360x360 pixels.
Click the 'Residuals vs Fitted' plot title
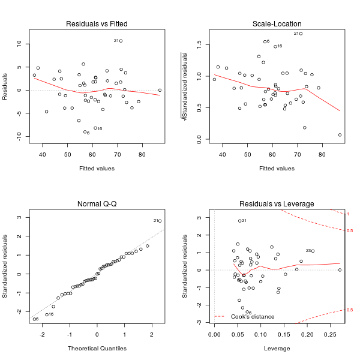point(97,24)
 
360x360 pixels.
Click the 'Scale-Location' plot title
point(277,24)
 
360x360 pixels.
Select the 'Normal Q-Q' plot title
point(97,204)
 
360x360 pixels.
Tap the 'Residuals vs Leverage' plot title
point(277,204)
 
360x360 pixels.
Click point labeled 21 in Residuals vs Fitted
point(121,41)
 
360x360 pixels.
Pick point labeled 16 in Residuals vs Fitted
point(95,128)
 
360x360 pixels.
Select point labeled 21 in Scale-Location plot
point(301,34)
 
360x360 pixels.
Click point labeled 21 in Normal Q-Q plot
point(160,221)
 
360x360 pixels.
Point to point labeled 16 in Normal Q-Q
point(47,314)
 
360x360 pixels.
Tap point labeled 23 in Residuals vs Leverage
point(313,251)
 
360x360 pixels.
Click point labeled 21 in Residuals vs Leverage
point(239,221)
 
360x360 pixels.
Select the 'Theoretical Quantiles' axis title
point(97,348)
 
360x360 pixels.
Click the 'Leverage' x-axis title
point(277,348)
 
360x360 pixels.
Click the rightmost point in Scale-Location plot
point(340,135)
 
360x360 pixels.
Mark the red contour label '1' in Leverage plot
point(349,214)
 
